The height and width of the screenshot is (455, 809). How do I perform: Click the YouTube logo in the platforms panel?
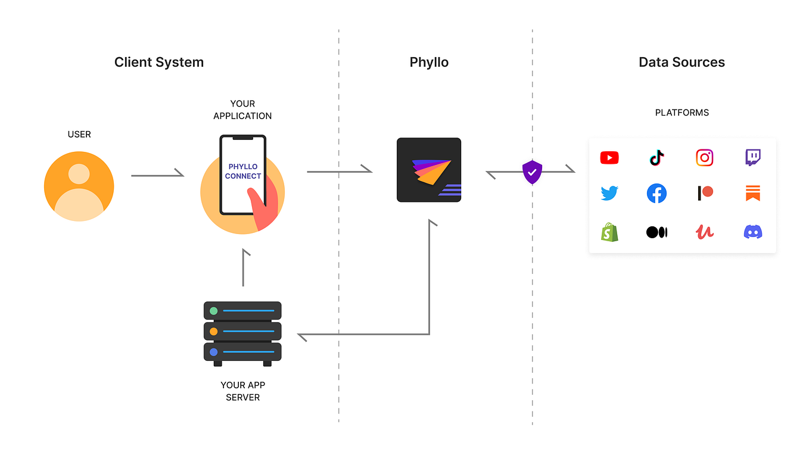pos(609,158)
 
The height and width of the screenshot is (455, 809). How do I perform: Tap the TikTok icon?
pos(656,158)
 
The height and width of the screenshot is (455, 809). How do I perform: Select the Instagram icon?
pos(705,158)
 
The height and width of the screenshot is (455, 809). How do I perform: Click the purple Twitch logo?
pos(753,158)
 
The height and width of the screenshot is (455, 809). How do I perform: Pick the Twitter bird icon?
pos(609,194)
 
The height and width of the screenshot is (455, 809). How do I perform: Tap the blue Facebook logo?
pos(656,194)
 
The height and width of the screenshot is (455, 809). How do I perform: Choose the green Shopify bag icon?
pos(609,232)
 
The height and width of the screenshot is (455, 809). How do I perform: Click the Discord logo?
pos(753,232)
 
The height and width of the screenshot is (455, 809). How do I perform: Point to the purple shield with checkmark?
pos(532,172)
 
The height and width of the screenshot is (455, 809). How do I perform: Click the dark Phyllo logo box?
pos(429,170)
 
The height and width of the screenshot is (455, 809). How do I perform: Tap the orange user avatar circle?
pos(79,186)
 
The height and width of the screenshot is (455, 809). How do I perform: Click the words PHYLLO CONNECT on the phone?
pos(243,172)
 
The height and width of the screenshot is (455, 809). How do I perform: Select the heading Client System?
pos(159,63)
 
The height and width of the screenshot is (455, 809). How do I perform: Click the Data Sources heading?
pos(682,63)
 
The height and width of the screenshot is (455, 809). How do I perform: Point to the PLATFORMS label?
pos(682,113)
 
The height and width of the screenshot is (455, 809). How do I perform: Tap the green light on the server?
pos(214,311)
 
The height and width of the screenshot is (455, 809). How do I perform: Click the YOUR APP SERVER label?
pos(243,391)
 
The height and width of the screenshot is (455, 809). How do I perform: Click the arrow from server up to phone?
pos(244,268)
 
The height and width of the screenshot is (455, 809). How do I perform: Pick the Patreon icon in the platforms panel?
pos(705,194)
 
